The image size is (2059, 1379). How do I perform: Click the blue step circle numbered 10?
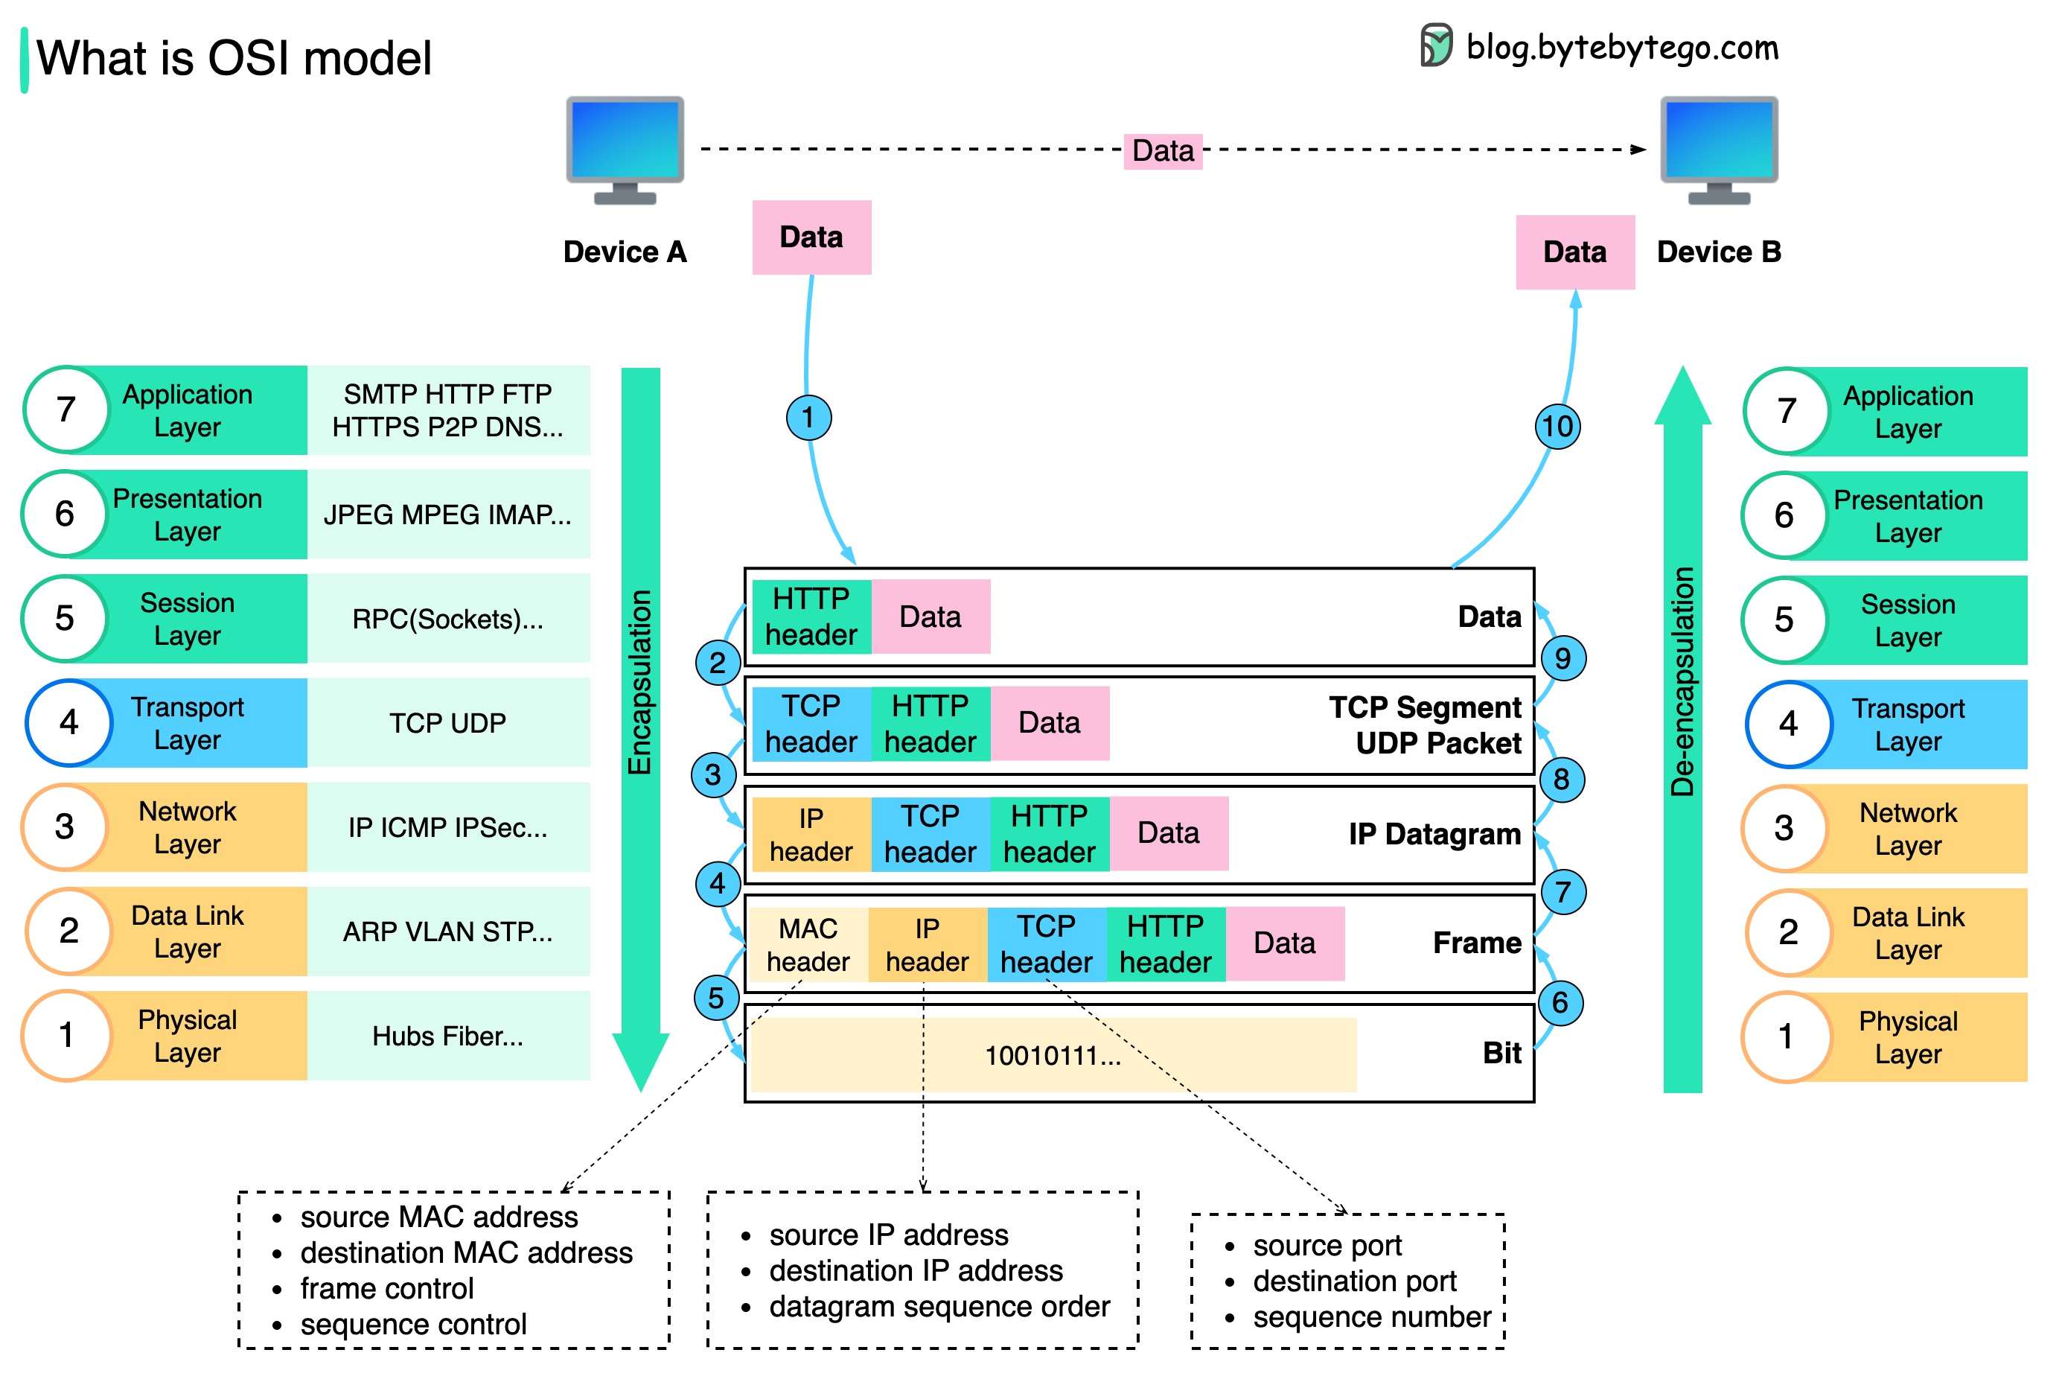[x=1557, y=427]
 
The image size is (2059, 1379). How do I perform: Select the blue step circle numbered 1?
[x=808, y=417]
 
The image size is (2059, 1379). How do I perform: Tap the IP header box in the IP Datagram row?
[x=811, y=834]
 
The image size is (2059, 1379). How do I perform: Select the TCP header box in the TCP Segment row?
[x=811, y=723]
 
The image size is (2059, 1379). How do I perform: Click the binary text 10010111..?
[x=1052, y=1055]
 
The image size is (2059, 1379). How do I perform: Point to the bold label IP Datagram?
[x=1434, y=834]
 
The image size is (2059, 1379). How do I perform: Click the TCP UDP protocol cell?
[x=447, y=723]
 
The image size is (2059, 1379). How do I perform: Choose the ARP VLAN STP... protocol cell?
[x=447, y=931]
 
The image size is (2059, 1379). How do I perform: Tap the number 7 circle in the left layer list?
[x=66, y=410]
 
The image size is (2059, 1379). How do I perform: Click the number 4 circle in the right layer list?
[x=1787, y=724]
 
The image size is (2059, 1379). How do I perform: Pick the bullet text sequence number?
[x=1370, y=1316]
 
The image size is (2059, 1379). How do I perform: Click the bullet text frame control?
[x=387, y=1288]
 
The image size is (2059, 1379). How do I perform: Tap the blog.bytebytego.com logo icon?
[x=1436, y=45]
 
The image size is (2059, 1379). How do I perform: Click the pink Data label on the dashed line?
[x=1162, y=150]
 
